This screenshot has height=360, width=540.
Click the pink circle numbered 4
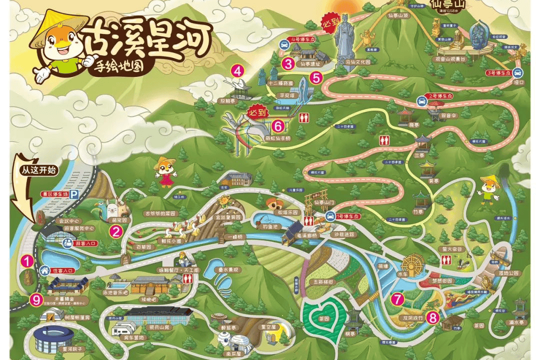tap(236, 70)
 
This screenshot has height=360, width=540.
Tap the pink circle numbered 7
tap(397, 299)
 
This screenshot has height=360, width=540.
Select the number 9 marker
tap(35, 299)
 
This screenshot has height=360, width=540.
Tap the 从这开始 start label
tap(36, 169)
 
